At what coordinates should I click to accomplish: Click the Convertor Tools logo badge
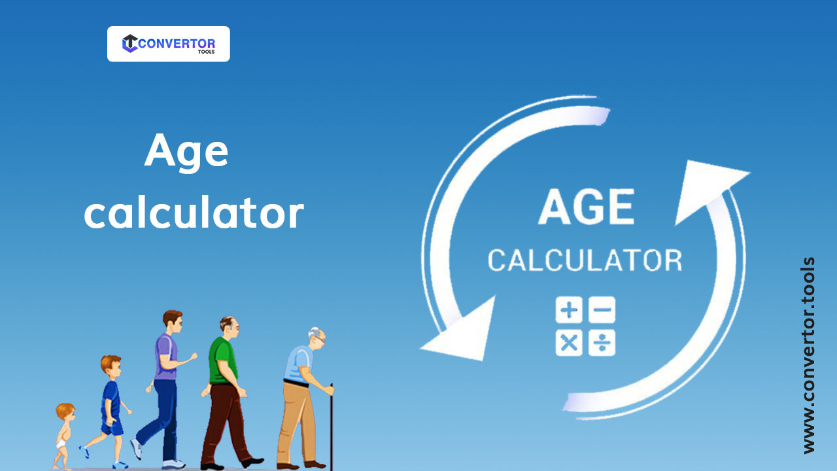click(x=168, y=44)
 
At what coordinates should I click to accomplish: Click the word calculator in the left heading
click(x=194, y=213)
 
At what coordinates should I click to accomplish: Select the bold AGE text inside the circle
click(x=586, y=207)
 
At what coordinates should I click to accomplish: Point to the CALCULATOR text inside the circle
click(x=585, y=260)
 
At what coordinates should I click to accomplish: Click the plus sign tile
click(x=569, y=311)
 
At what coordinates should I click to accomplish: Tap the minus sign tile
click(x=602, y=311)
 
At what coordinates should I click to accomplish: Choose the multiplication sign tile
click(x=569, y=343)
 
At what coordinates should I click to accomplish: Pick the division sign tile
click(x=602, y=343)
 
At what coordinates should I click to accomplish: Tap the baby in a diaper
click(x=64, y=435)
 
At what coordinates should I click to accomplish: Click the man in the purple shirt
click(x=164, y=386)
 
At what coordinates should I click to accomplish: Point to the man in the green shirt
click(x=223, y=386)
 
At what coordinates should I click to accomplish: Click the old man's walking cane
click(x=331, y=425)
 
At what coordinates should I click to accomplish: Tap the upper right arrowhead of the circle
click(x=709, y=190)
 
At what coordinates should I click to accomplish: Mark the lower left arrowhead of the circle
click(x=461, y=330)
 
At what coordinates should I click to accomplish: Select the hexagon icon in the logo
click(x=130, y=44)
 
